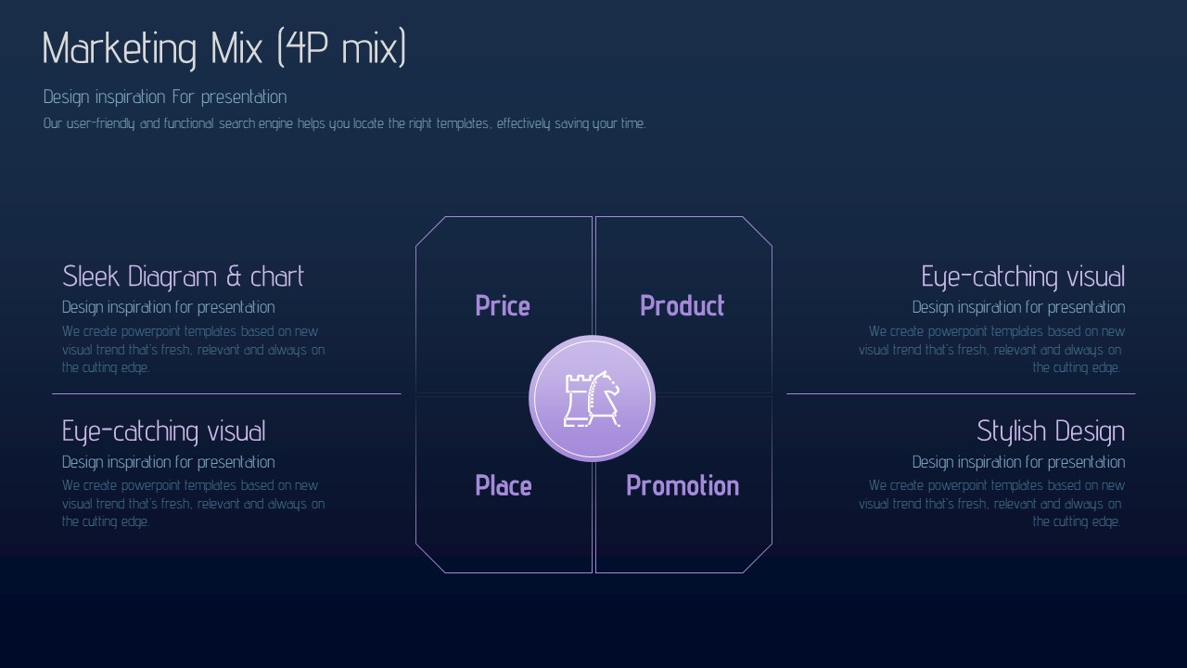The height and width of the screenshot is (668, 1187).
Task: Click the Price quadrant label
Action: point(503,306)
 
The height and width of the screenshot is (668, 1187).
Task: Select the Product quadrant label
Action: point(682,306)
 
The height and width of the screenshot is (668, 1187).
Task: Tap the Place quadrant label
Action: point(504,485)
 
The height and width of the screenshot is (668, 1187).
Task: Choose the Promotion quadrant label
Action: point(683,485)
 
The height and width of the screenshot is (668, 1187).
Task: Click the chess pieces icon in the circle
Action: point(592,399)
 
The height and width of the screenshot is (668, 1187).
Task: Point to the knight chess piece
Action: point(604,399)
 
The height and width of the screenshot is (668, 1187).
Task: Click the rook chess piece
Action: point(576,400)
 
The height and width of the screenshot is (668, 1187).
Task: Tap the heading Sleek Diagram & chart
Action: point(183,276)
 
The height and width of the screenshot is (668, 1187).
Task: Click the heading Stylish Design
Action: point(1051,431)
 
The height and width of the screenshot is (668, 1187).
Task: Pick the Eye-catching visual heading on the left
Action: point(164,431)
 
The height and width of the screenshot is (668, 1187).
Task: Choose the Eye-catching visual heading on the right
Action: point(1023,276)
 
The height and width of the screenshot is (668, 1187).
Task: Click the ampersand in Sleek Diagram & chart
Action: point(234,276)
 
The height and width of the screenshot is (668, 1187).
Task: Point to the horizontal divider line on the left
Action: point(226,394)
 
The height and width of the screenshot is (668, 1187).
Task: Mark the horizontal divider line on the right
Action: point(961,394)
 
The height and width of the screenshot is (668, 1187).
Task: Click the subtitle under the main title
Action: point(165,97)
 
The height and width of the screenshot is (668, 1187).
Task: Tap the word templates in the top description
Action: point(463,123)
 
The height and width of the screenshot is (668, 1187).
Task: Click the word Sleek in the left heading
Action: point(91,276)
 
